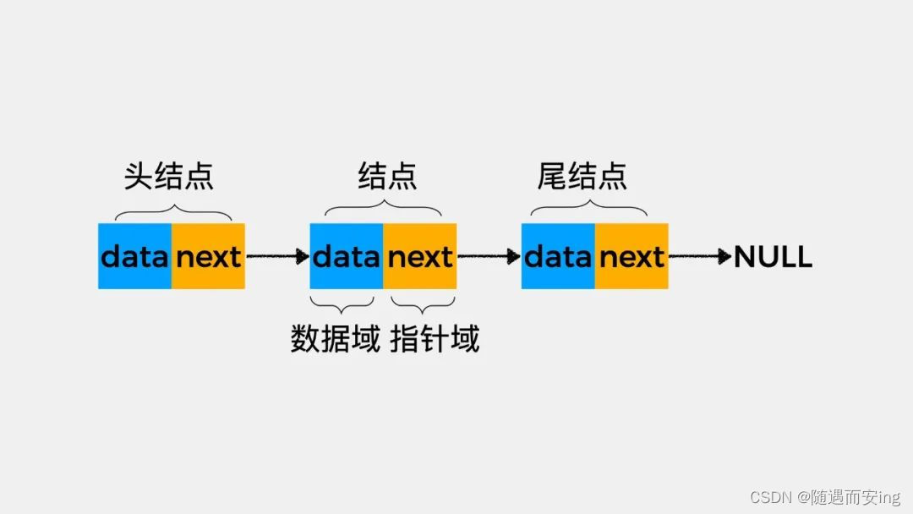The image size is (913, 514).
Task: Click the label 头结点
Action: [169, 175]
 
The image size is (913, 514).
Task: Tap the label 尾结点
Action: [582, 175]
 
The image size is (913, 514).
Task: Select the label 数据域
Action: [336, 338]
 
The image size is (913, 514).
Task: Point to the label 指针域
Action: [435, 338]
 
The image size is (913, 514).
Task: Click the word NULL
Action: [773, 257]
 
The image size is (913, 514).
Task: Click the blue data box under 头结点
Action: [135, 256]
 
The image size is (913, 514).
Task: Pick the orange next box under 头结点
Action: [209, 256]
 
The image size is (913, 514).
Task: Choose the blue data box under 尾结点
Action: [558, 256]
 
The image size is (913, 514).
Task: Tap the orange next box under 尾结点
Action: [631, 256]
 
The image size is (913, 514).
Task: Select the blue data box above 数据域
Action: [347, 256]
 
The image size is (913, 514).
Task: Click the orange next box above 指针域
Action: [420, 256]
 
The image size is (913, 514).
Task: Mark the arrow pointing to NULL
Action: [700, 256]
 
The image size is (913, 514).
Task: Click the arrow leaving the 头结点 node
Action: [277, 256]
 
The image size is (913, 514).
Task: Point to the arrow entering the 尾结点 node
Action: [489, 256]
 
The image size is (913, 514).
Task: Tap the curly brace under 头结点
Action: [172, 211]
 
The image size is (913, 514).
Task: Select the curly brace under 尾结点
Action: [589, 211]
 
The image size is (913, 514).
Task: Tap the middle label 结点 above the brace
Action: [387, 175]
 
